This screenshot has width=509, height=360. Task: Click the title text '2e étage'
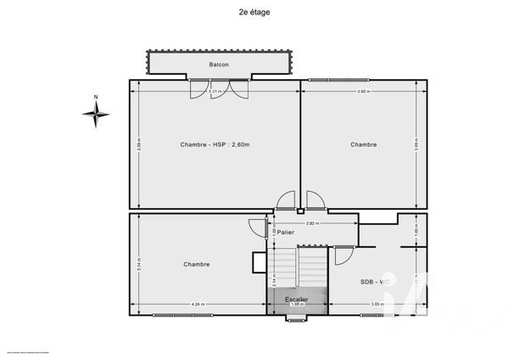[255, 13]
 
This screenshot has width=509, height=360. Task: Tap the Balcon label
[219, 65]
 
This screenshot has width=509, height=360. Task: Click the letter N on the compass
[96, 97]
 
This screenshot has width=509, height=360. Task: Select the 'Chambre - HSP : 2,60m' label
[215, 144]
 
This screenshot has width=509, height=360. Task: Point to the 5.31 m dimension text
[215, 91]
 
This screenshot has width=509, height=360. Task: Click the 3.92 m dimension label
[362, 91]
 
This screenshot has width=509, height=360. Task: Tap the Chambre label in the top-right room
[363, 144]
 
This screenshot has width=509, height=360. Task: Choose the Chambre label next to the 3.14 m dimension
[196, 264]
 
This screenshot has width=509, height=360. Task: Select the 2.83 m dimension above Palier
[311, 222]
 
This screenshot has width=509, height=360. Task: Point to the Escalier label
[296, 299]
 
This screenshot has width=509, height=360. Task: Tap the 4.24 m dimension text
[198, 304]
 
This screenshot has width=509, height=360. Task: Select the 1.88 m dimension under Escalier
[296, 305]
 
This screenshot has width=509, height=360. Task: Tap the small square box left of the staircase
[259, 263]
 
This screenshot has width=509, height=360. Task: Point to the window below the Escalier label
[296, 319]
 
